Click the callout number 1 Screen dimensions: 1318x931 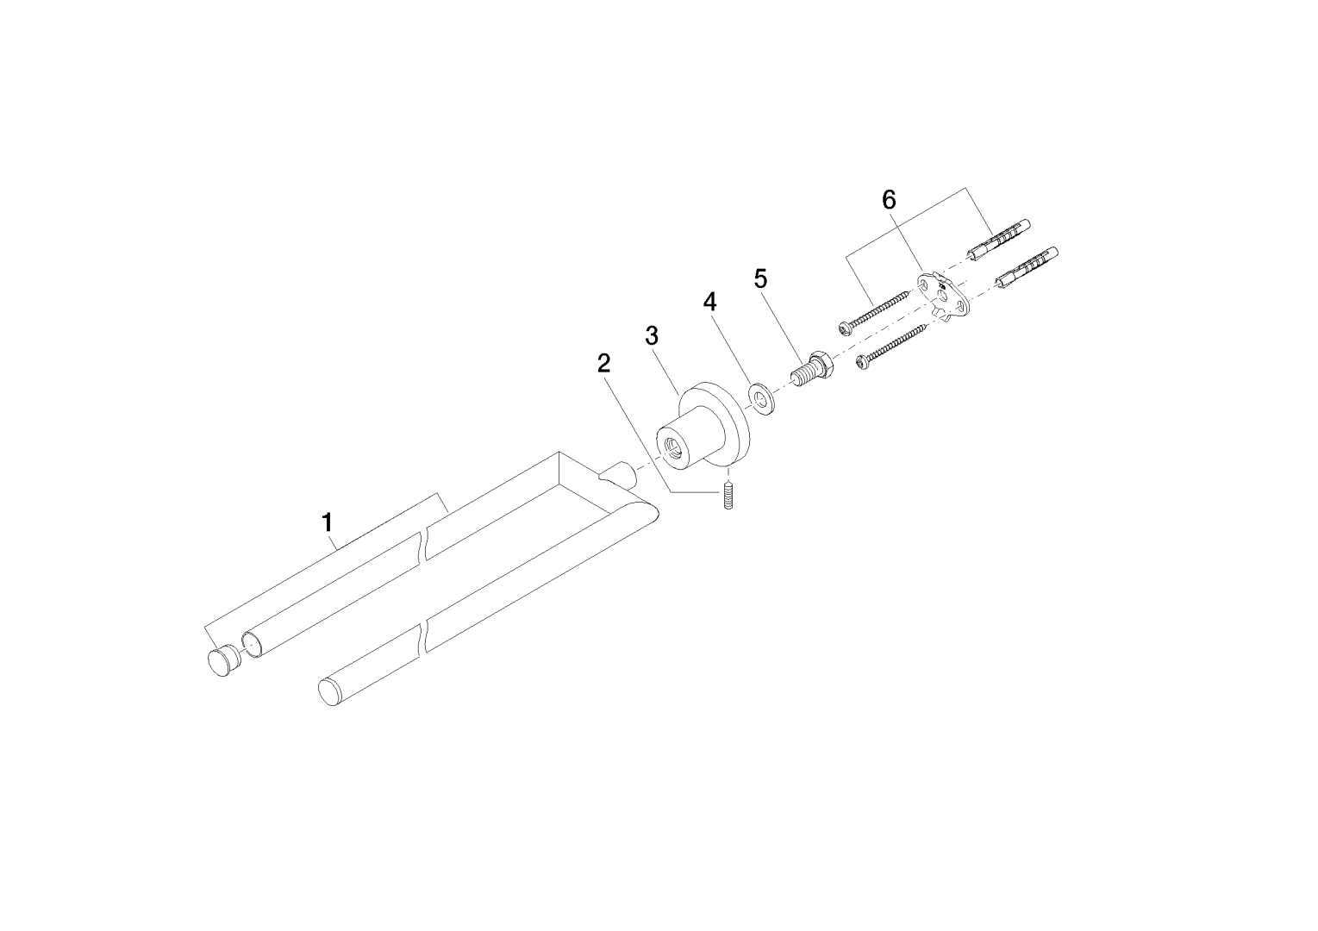[x=328, y=522]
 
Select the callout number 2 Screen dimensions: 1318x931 [x=603, y=364]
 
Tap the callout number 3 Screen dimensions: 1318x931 [x=652, y=335]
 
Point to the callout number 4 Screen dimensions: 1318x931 [x=710, y=303]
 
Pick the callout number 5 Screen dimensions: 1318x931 [x=761, y=278]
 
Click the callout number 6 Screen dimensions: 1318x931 [x=889, y=201]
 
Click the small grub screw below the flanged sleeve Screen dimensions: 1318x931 [x=728, y=496]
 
